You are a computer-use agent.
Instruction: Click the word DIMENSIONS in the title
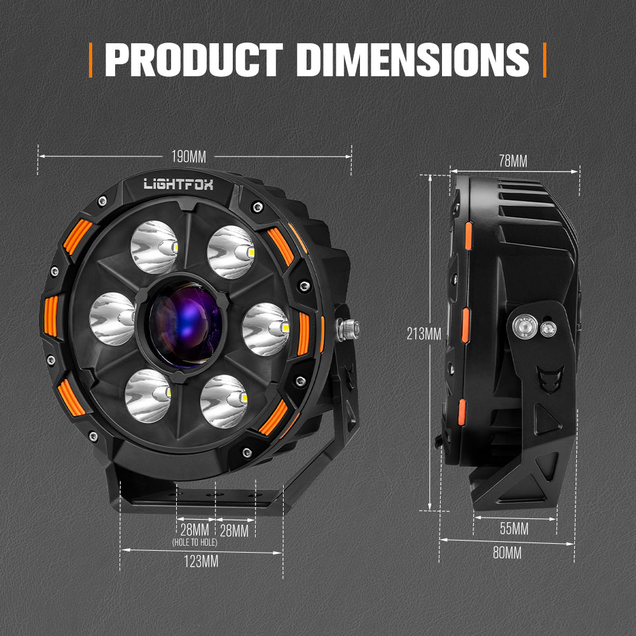[x=412, y=60]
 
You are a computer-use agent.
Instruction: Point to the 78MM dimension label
[x=513, y=161]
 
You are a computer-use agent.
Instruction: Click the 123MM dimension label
[x=201, y=562]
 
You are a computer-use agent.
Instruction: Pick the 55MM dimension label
[x=513, y=529]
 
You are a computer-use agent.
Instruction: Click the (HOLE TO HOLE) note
[x=194, y=543]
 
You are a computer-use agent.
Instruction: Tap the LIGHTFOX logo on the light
[x=178, y=184]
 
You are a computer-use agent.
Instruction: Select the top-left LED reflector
[x=153, y=247]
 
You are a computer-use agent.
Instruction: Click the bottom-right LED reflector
[x=223, y=401]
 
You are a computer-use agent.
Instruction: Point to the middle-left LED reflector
[x=113, y=318]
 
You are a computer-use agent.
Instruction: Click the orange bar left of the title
[x=91, y=60]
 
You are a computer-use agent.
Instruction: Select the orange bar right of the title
[x=544, y=60]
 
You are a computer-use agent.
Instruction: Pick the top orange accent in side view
[x=468, y=236]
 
